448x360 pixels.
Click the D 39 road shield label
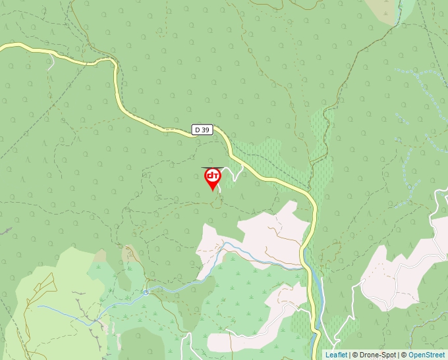[202, 130]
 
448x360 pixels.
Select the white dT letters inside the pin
[212, 176]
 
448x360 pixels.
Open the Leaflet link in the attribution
[336, 355]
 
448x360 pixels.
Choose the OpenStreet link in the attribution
[428, 355]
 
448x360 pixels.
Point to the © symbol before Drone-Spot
[355, 355]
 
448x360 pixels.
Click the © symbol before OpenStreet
[403, 355]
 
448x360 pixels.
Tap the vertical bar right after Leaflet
[349, 355]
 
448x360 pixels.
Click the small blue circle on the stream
[146, 292]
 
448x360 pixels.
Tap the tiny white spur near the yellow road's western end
[51, 63]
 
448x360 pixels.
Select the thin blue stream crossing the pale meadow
[72, 312]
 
